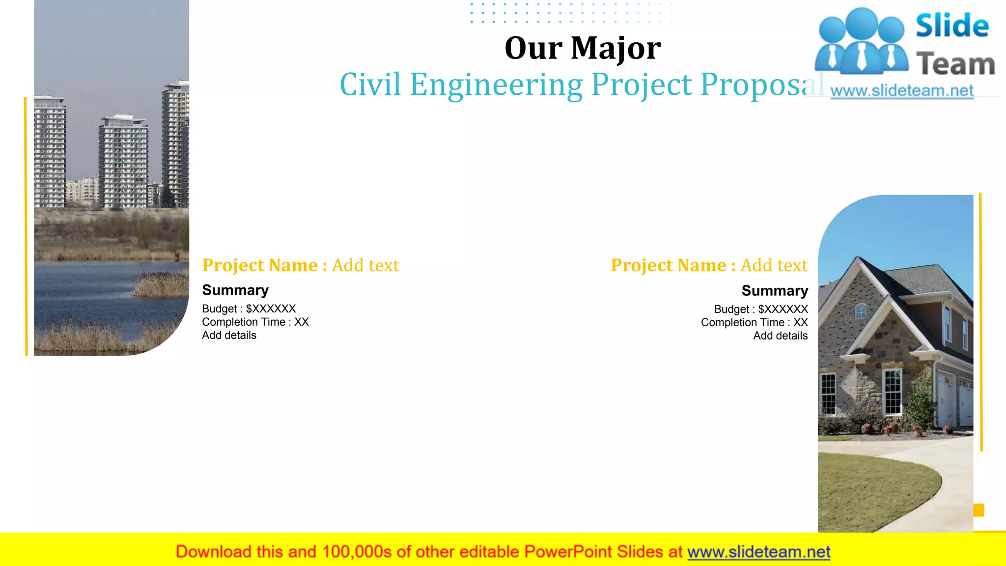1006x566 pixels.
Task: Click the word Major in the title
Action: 615,49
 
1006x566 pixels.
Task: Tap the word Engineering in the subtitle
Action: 496,85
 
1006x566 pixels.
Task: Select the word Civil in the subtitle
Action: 370,85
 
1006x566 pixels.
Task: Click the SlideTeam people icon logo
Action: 861,42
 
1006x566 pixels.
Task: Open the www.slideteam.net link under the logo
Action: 901,91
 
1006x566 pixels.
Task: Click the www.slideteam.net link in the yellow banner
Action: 758,552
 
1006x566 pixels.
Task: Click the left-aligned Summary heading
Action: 235,290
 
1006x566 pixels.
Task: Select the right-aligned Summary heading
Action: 775,290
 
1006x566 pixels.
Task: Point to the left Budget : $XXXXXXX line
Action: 249,309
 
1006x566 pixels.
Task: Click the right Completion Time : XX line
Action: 754,322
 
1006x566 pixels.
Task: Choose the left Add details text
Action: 229,335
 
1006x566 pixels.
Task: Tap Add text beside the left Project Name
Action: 365,265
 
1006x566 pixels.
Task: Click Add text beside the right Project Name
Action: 774,265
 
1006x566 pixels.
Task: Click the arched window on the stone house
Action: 861,311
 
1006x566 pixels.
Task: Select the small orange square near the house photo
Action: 978,510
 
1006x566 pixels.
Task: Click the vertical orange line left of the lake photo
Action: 26,226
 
